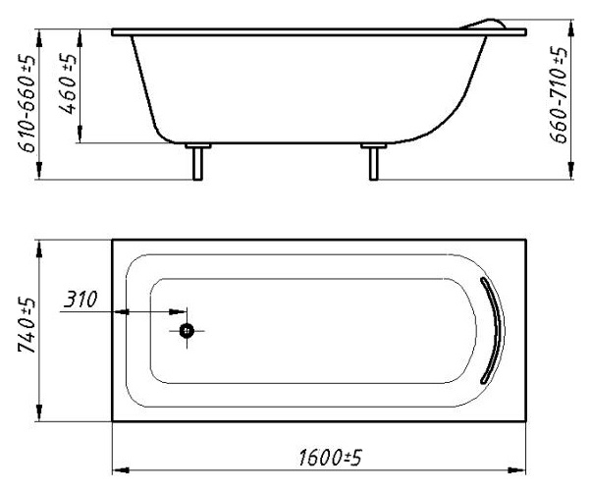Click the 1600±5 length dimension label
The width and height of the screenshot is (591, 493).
coord(330,458)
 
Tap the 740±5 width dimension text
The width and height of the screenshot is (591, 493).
coord(27,325)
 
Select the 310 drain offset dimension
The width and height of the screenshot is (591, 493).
coord(81,300)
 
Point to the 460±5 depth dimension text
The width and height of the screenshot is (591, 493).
coord(68,83)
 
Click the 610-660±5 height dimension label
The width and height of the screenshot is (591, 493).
coord(27,103)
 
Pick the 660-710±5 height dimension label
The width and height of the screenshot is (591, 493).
coord(559,94)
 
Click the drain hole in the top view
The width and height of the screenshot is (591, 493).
coord(187,331)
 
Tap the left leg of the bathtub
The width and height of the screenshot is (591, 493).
coord(197,164)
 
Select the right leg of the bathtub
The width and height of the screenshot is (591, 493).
coord(373,164)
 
